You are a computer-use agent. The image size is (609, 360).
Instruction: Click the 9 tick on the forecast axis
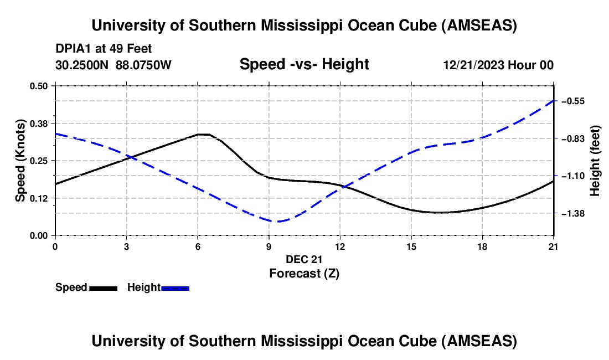[269, 246]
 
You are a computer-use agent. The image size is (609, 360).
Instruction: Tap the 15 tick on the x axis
[411, 246]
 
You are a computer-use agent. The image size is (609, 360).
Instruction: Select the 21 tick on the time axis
[554, 246]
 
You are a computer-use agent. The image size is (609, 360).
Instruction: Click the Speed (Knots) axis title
[20, 161]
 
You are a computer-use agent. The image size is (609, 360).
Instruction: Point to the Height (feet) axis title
[596, 161]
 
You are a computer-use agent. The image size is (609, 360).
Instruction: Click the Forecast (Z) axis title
[304, 273]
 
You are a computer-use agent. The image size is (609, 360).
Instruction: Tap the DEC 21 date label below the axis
[304, 259]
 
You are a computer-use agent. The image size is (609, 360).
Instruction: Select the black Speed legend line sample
[103, 288]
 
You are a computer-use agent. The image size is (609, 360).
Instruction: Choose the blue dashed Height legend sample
[176, 288]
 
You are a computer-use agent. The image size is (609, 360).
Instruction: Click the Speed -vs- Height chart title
[304, 64]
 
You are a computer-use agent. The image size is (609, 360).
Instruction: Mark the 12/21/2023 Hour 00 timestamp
[498, 65]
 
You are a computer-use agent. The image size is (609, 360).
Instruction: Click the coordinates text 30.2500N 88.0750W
[113, 65]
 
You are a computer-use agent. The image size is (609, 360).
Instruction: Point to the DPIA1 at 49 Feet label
[104, 49]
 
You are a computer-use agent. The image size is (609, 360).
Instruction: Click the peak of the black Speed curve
[203, 134]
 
